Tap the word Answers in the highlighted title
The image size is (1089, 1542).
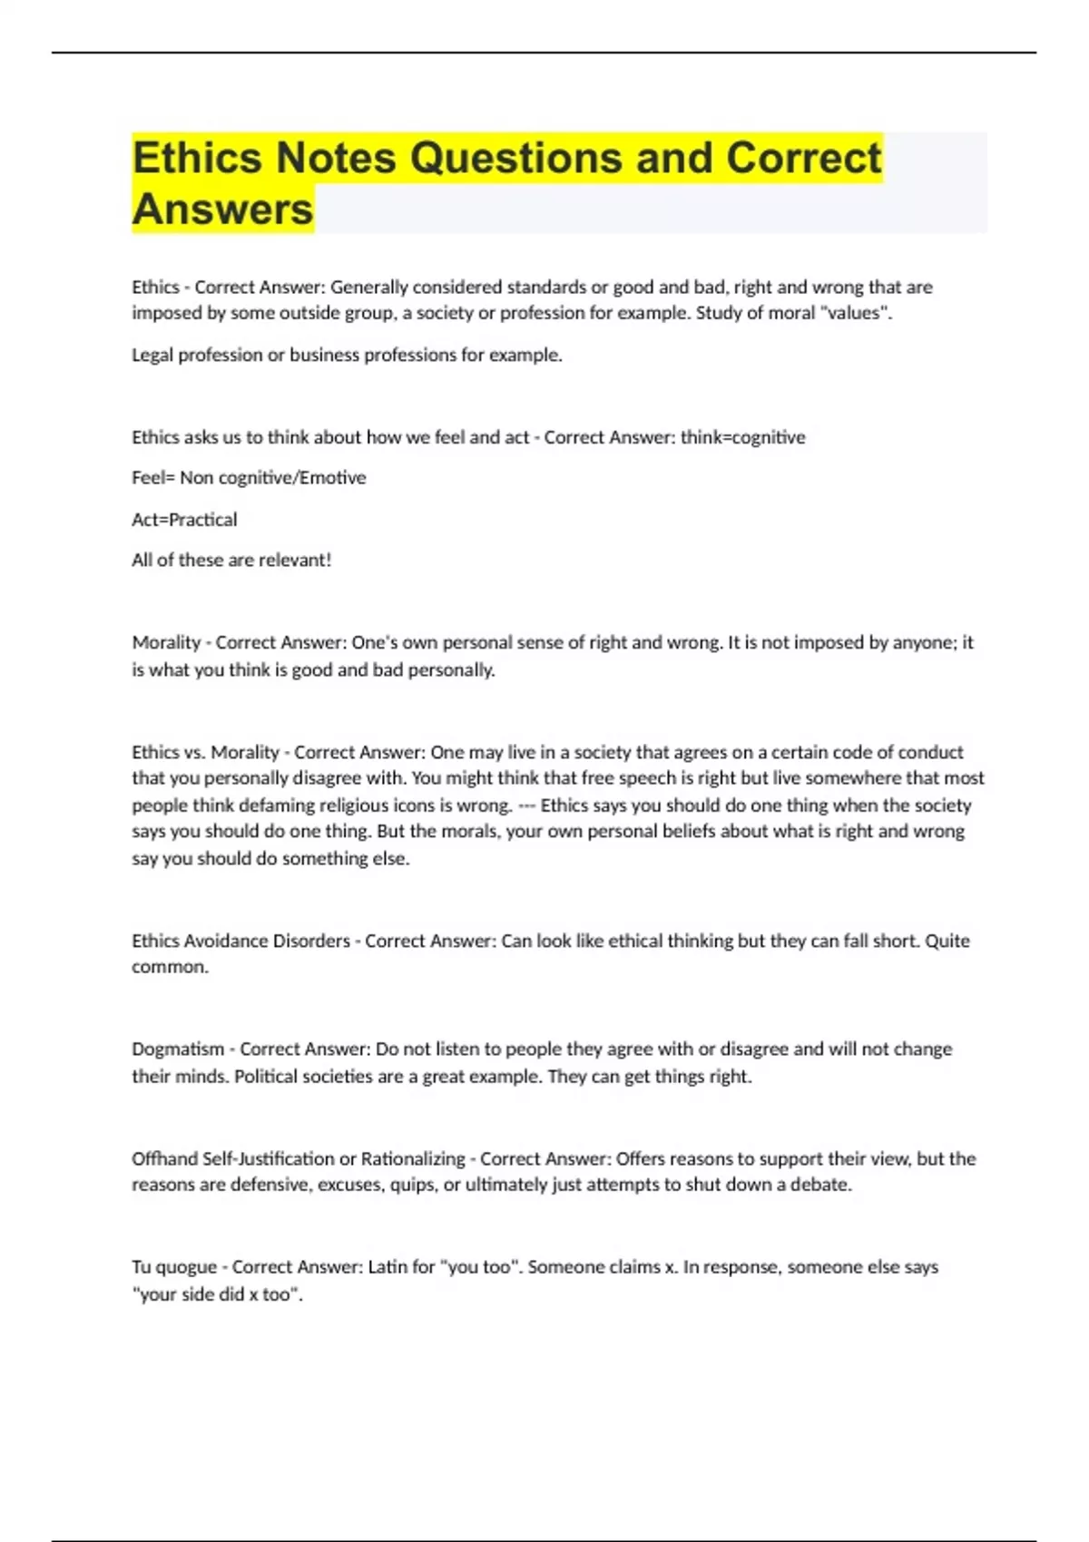tap(222, 210)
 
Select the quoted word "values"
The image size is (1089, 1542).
tap(856, 313)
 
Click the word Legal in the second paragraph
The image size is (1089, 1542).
tap(152, 355)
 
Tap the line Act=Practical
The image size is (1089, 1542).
tap(184, 520)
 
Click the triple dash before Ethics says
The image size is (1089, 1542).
tap(526, 805)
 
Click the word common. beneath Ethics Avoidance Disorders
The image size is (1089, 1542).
tap(170, 967)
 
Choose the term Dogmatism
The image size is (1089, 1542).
tap(178, 1049)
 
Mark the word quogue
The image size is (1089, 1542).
tap(186, 1267)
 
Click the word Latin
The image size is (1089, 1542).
tap(388, 1267)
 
